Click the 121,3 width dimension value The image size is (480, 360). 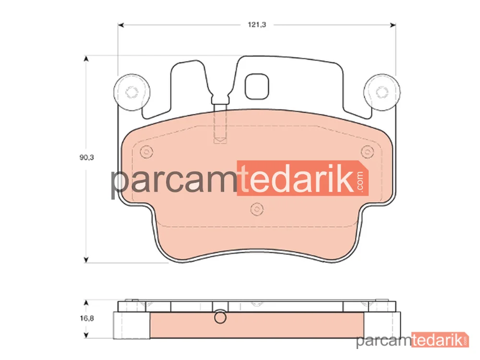[257, 25]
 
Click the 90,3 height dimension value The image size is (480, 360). [86, 157]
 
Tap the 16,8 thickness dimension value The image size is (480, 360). [87, 318]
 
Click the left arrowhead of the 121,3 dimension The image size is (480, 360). [121, 25]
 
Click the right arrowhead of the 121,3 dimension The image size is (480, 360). [393, 25]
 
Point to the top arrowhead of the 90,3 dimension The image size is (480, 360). [86, 59]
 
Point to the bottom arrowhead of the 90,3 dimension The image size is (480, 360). [86, 260]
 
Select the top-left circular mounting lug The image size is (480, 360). [132, 92]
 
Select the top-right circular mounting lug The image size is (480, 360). [382, 92]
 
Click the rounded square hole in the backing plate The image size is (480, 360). [257, 86]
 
